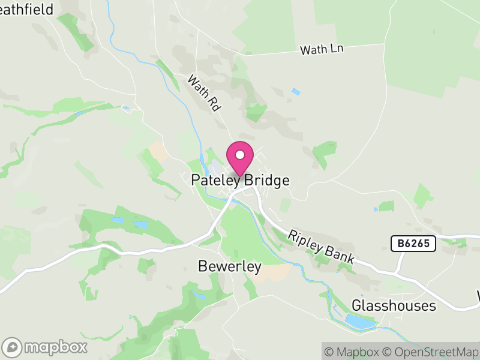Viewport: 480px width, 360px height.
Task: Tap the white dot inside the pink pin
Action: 240,155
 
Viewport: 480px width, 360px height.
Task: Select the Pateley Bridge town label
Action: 240,180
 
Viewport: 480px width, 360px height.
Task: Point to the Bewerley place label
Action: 230,266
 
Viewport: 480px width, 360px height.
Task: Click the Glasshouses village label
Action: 394,305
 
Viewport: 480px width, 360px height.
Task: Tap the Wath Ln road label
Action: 321,50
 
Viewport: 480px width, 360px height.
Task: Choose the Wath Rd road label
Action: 205,92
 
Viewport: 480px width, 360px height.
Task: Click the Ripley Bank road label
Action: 322,247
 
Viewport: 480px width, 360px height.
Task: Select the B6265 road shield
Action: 413,244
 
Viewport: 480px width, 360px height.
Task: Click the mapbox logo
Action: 45,347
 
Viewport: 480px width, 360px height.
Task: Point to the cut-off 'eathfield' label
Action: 26,9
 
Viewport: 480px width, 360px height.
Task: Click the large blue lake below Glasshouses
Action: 359,322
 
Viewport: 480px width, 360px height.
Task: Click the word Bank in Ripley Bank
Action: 340,255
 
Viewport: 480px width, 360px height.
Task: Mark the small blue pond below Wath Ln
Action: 296,92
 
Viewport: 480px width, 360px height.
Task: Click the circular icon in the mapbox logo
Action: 12,347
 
